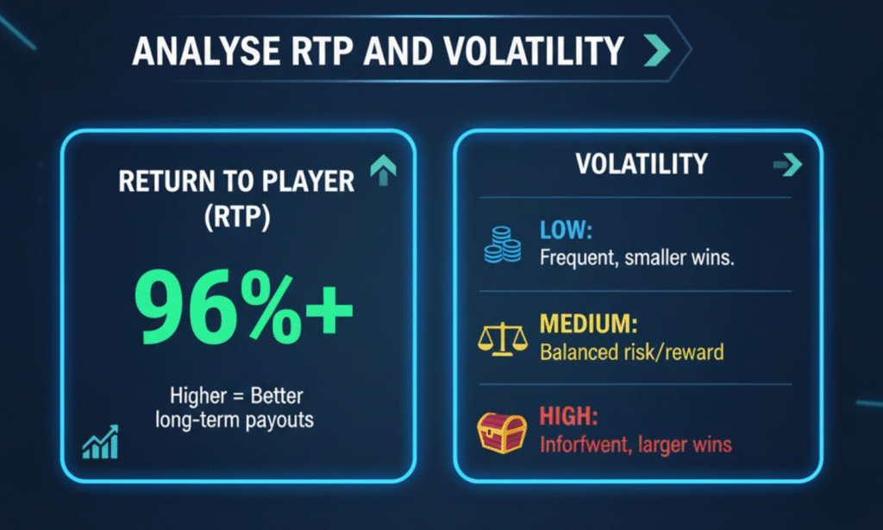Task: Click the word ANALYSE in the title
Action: [x=207, y=51]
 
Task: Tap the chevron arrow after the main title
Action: [x=657, y=50]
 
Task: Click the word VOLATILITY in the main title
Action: [x=534, y=51]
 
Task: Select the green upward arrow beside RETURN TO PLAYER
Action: [x=384, y=170]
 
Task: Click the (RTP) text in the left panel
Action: [x=237, y=217]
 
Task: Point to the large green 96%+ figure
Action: [x=243, y=306]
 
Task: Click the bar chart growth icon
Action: [x=101, y=442]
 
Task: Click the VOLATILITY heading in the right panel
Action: [x=642, y=164]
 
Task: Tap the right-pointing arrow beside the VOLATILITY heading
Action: [x=787, y=165]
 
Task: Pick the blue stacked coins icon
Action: [x=503, y=244]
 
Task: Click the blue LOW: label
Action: [x=566, y=230]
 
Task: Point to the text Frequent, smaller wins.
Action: [x=637, y=258]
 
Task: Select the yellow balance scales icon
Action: [x=503, y=339]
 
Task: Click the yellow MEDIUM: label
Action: [x=588, y=325]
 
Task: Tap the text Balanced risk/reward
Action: [x=632, y=352]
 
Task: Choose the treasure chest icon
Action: [x=503, y=432]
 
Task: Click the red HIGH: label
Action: [x=569, y=417]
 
